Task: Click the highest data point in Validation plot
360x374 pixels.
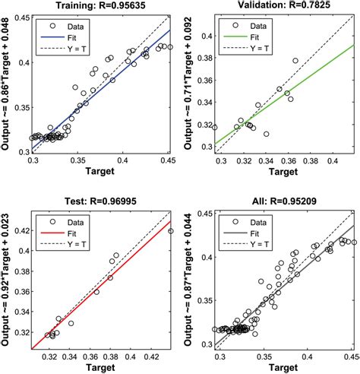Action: [295, 60]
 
